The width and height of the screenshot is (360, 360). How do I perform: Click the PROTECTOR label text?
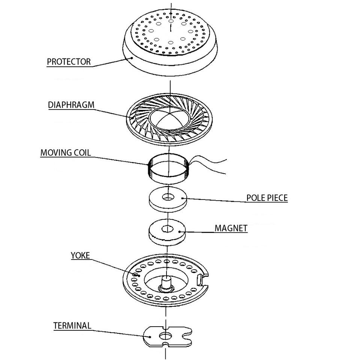[69, 62]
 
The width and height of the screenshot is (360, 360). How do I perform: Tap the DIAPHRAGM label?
[71, 105]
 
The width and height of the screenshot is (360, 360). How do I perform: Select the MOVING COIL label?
[66, 153]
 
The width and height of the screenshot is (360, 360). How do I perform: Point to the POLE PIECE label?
[267, 198]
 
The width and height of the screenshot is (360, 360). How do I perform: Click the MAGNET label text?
[231, 228]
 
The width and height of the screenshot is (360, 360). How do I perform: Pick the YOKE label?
[80, 255]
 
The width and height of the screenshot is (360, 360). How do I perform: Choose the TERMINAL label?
[72, 325]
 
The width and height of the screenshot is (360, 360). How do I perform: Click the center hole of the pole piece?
[168, 197]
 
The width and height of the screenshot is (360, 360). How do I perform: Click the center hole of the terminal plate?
[165, 336]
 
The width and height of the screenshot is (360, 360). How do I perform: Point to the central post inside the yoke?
[166, 283]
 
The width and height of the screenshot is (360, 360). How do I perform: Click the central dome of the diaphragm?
[169, 118]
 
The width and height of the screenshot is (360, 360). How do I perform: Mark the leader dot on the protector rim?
[132, 58]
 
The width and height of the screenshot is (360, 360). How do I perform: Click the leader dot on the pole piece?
[182, 198]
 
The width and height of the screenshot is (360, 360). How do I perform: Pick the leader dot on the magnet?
[179, 231]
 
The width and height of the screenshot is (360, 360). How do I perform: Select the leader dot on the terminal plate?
[150, 337]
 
